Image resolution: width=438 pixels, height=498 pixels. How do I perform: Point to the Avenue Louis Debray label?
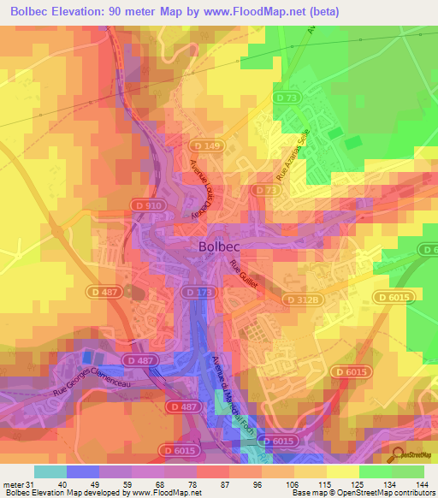[201, 187]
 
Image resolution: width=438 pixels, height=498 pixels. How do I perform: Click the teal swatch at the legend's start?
[50, 471]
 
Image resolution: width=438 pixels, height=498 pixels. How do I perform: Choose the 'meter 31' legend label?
[18, 483]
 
